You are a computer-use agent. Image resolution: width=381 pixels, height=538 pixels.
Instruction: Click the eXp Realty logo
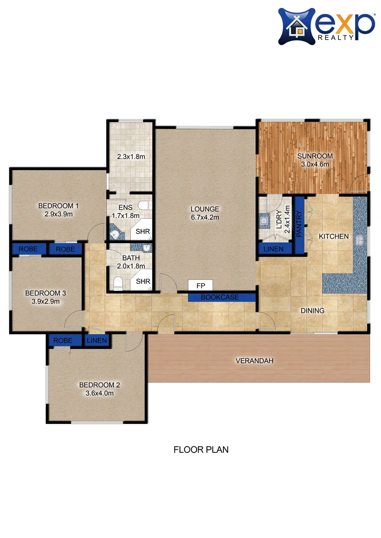pyautogui.click(x=326, y=25)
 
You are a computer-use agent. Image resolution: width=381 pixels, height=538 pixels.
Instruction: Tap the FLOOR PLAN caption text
pyautogui.click(x=200, y=449)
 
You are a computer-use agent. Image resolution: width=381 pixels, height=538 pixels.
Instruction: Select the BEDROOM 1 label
pyautogui.click(x=59, y=205)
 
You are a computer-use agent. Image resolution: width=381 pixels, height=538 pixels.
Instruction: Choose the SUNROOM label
pyautogui.click(x=315, y=156)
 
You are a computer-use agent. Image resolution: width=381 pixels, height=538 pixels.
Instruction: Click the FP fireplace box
pyautogui.click(x=200, y=285)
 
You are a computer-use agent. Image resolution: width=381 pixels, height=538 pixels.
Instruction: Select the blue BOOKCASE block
pyautogui.click(x=220, y=297)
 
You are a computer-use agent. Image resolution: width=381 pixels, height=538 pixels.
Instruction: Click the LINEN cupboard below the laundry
pyautogui.click(x=273, y=249)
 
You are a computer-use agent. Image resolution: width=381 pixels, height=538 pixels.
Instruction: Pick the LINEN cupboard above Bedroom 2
pyautogui.click(x=97, y=341)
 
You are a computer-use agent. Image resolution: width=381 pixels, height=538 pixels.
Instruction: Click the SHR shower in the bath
pyautogui.click(x=143, y=281)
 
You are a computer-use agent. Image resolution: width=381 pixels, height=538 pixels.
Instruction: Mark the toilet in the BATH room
pyautogui.click(x=118, y=284)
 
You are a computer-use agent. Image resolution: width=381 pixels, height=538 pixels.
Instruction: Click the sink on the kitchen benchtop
pyautogui.click(x=360, y=241)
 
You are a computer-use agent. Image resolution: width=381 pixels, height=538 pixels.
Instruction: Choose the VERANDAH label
pyautogui.click(x=254, y=361)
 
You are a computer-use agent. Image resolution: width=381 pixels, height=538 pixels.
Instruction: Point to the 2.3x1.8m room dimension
pyautogui.click(x=131, y=156)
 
